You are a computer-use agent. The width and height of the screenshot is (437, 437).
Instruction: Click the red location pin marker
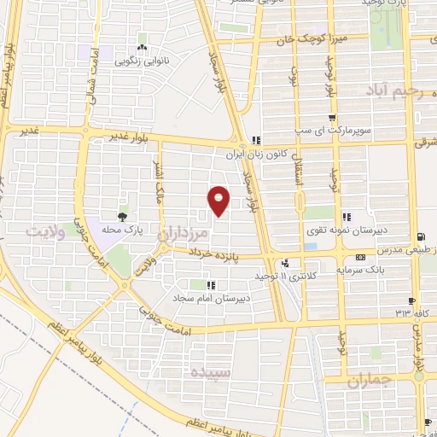[220, 201]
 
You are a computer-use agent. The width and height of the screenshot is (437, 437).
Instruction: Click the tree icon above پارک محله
[124, 217]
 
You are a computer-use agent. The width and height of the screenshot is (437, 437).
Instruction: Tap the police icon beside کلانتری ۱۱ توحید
[286, 264]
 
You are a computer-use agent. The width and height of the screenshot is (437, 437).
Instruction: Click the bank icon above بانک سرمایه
[361, 255]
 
